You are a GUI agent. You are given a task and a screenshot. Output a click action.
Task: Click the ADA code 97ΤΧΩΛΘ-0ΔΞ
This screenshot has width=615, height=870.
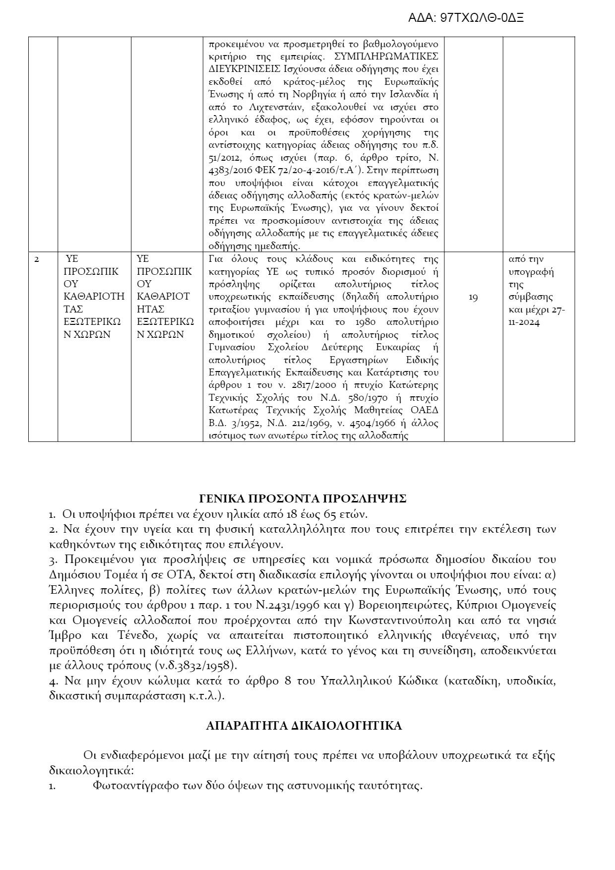(466, 18)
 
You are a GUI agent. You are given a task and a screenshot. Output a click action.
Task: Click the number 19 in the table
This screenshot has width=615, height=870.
(473, 298)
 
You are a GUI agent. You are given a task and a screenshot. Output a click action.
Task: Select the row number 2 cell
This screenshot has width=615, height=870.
(37, 259)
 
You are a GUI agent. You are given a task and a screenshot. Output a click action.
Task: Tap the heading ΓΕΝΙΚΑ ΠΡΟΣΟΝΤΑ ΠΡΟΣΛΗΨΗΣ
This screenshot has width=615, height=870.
(303, 498)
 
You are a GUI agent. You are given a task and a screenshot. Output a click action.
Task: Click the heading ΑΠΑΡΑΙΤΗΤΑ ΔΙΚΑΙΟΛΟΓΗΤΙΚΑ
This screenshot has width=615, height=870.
(304, 726)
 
